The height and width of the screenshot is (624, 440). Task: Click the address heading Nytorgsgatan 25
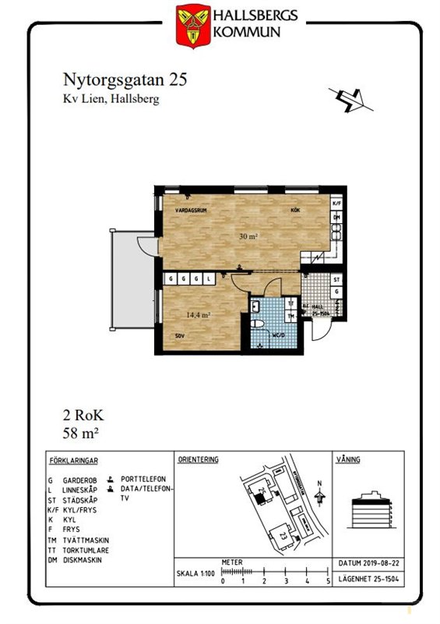coord(124,80)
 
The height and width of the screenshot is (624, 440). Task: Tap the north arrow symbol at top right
coord(349,99)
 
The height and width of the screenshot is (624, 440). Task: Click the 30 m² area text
coord(248,236)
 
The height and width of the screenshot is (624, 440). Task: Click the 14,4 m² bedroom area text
coord(199,315)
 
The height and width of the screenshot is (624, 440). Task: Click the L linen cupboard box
coord(209,278)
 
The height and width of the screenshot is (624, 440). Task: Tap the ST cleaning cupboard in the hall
coord(336,278)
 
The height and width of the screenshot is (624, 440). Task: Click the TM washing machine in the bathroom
coord(290,316)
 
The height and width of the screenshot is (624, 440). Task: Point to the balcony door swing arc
coord(145,244)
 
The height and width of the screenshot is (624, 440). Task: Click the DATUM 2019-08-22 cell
coord(368,562)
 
